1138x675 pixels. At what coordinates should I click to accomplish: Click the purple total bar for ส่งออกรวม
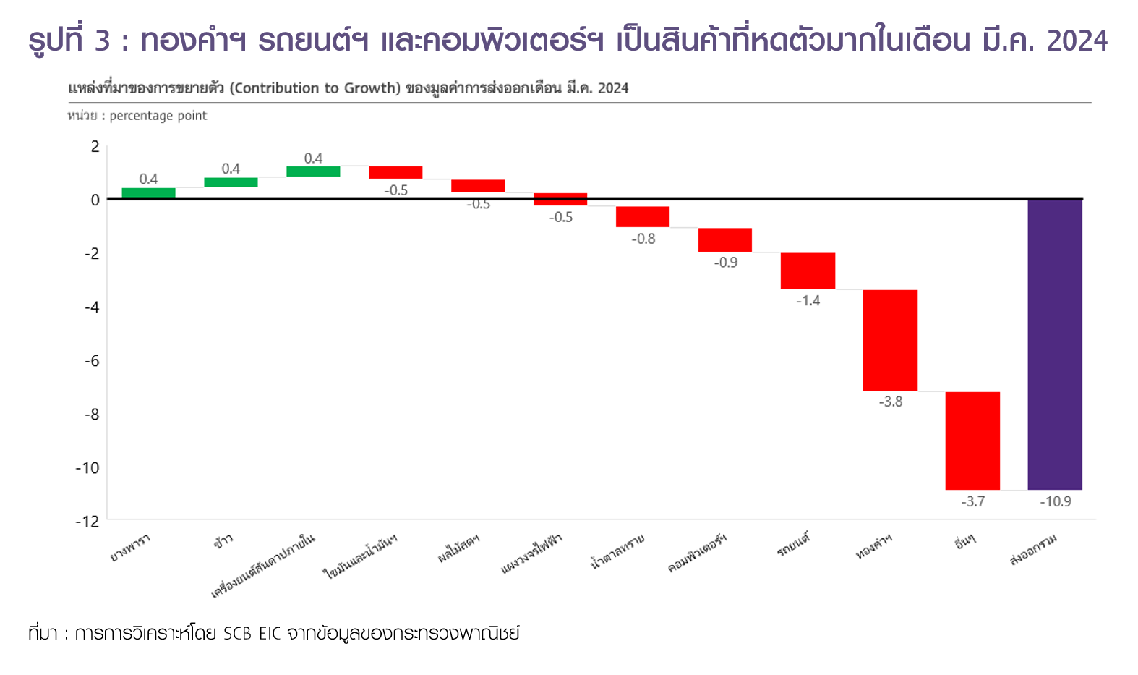tap(1055, 344)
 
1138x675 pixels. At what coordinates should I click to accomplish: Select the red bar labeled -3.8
tap(890, 340)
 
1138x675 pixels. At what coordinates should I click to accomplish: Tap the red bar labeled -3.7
tap(972, 441)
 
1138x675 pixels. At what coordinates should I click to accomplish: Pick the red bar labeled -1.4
tap(808, 271)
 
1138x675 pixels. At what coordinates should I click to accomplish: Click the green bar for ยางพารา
tap(148, 192)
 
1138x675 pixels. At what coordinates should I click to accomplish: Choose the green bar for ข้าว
tap(231, 182)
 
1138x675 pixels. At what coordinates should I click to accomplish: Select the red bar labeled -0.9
tap(725, 239)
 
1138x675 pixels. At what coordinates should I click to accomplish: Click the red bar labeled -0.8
tap(643, 216)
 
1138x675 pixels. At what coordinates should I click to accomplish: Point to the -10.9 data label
tap(1056, 501)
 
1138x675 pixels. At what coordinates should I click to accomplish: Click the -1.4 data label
tap(808, 300)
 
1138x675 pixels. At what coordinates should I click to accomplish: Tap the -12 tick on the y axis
tap(87, 521)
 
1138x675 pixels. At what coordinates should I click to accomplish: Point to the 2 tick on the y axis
tap(95, 147)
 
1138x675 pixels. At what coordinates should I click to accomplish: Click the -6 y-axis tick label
tap(91, 360)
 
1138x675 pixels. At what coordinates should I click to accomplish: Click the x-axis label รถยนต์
tap(793, 545)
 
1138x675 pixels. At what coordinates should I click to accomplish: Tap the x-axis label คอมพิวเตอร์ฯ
tap(697, 554)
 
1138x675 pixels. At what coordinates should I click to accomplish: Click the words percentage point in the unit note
tap(158, 116)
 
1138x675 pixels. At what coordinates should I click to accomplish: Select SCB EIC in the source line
tap(252, 634)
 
